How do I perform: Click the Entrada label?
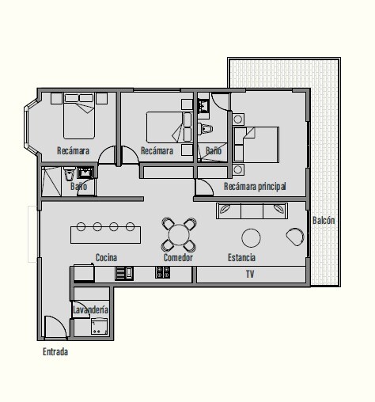tap(55, 351)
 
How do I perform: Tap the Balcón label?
tap(324, 220)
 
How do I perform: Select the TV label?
tap(250, 274)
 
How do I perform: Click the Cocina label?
tap(106, 257)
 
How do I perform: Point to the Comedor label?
tap(178, 257)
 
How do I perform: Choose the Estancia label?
tap(241, 257)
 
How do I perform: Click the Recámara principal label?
tap(255, 187)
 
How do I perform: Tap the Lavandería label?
tap(90, 309)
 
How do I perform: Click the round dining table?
tap(179, 234)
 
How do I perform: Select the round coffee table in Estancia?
tap(251, 238)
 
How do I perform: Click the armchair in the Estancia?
tap(295, 237)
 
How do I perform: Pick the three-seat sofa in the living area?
tap(252, 210)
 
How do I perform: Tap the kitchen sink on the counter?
tap(124, 273)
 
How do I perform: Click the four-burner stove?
tap(162, 272)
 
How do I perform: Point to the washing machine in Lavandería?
tap(99, 326)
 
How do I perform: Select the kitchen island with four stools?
tap(105, 233)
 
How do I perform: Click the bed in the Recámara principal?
tap(256, 145)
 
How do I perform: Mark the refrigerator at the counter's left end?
tap(84, 273)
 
